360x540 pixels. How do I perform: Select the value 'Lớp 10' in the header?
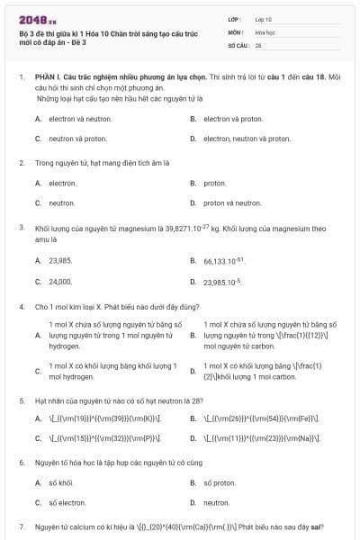click(x=264, y=19)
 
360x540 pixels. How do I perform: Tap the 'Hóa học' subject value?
click(x=265, y=31)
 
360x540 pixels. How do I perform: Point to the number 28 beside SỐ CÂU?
click(x=258, y=44)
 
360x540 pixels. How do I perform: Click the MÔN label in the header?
click(x=235, y=31)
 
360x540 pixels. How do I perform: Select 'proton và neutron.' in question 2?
click(x=232, y=202)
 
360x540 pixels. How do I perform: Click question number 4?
click(x=22, y=307)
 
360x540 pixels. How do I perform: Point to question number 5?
click(x=22, y=399)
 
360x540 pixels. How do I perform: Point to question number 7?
click(x=22, y=526)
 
